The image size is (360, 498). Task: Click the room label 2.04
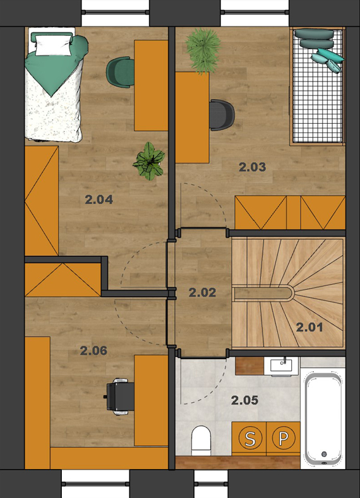[x=99, y=199]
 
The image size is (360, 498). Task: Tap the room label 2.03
[x=252, y=167]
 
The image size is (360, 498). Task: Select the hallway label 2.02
[x=202, y=292]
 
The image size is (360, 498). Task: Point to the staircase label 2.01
[x=309, y=327]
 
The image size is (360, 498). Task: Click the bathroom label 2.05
[x=244, y=400]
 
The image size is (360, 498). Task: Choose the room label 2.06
[x=93, y=351]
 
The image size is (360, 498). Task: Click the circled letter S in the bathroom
[x=250, y=439]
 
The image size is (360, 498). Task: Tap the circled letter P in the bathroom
[x=284, y=438]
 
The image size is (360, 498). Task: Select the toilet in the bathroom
[x=201, y=441]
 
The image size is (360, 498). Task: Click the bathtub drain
[x=324, y=454]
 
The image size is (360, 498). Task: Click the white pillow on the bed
[x=53, y=45]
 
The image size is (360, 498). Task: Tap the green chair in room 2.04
[x=120, y=72]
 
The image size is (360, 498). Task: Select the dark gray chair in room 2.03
[x=222, y=115]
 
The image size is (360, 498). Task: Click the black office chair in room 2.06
[x=119, y=396]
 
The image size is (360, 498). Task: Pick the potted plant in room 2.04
[x=148, y=161]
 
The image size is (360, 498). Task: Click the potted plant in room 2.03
[x=203, y=50]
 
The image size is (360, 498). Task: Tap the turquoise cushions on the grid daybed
[x=327, y=59]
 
